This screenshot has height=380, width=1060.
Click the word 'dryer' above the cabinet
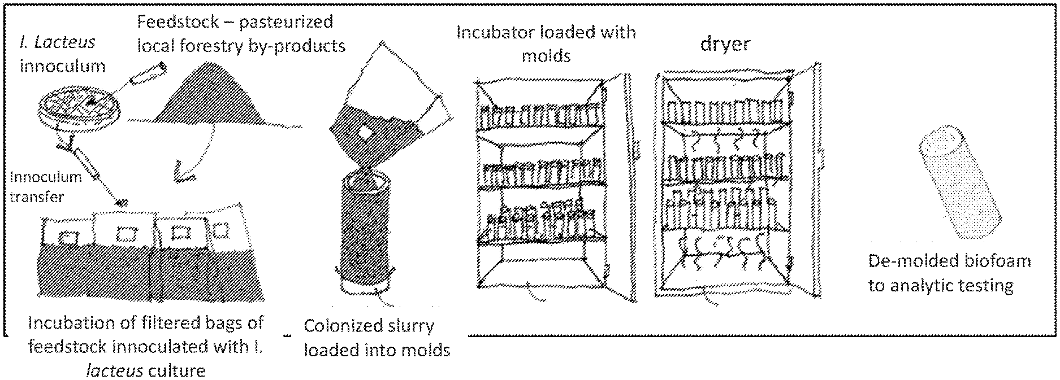pos(725,44)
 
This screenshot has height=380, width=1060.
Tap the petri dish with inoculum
pos(73,110)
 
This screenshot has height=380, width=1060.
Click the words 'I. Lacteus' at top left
pos(56,41)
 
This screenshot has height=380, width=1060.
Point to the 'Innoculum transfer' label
pos(45,186)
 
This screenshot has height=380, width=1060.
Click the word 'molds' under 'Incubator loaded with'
pos(546,56)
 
